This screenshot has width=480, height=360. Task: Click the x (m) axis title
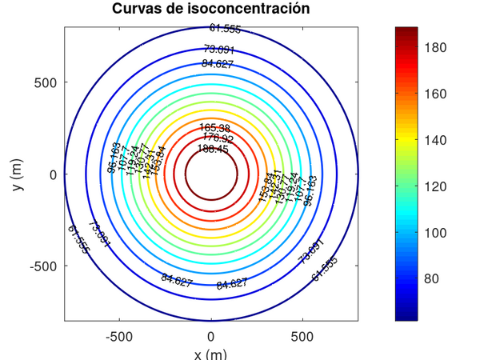pos(211,354)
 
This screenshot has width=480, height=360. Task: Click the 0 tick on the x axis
pos(211,337)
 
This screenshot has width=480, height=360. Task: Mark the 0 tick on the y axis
pos(53,174)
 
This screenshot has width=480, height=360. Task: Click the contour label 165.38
pos(214,128)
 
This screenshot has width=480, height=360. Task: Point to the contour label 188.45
pos(213,149)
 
